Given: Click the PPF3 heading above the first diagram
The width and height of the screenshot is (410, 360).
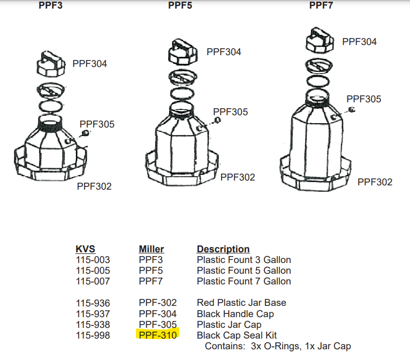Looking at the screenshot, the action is (50, 5).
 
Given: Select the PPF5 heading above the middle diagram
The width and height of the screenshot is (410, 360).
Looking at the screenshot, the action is (180, 5).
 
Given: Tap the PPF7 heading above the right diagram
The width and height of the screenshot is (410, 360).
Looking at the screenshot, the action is (321, 5).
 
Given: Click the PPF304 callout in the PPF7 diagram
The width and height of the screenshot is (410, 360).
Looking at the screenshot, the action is (359, 42).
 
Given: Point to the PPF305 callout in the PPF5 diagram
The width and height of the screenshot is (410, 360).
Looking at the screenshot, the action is (230, 112).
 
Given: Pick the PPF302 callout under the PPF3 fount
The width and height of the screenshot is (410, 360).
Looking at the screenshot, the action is (94, 186).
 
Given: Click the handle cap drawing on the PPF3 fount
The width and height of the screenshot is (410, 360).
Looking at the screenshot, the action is (51, 64).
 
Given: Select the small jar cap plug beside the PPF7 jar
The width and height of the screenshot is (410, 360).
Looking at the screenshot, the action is (352, 109).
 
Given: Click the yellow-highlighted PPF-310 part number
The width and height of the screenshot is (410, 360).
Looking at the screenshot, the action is (158, 335).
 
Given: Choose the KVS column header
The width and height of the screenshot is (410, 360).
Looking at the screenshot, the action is (85, 249).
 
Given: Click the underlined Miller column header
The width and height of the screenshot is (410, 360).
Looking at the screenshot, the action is (151, 249).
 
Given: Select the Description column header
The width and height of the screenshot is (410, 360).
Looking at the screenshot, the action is (223, 249).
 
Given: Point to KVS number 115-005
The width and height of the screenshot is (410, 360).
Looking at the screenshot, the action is (93, 270).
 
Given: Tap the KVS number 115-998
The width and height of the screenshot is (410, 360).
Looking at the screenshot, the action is (93, 335).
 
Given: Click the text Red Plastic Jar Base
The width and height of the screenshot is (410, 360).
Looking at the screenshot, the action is (241, 303).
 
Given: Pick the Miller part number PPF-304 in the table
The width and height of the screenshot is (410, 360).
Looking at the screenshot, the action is (158, 314).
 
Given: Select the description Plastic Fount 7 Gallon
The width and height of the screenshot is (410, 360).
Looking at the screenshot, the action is (244, 281).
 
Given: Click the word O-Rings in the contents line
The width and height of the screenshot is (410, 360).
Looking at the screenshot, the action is (283, 346).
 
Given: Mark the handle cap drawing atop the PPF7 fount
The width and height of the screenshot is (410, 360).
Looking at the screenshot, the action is (320, 40).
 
